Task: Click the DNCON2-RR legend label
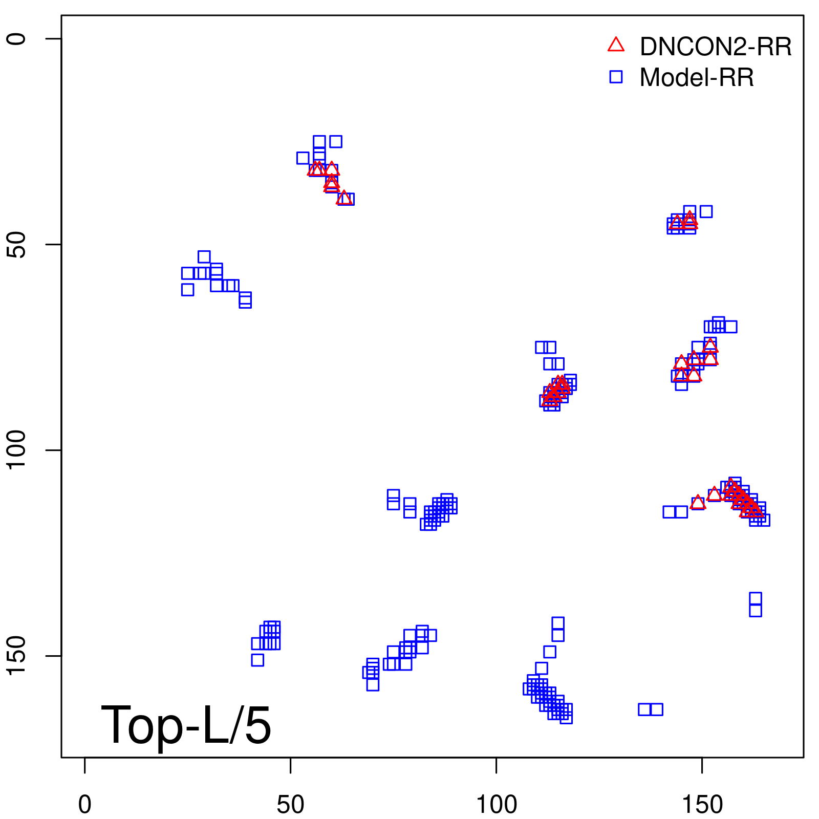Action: click(715, 47)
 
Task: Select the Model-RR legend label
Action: click(697, 78)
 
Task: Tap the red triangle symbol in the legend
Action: click(616, 45)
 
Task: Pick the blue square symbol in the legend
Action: click(616, 77)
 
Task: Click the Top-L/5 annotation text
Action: click(186, 725)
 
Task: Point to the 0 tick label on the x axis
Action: click(85, 805)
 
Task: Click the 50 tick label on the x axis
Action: click(290, 805)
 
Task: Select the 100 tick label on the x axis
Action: click(496, 805)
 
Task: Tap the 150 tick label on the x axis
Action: click(702, 805)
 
